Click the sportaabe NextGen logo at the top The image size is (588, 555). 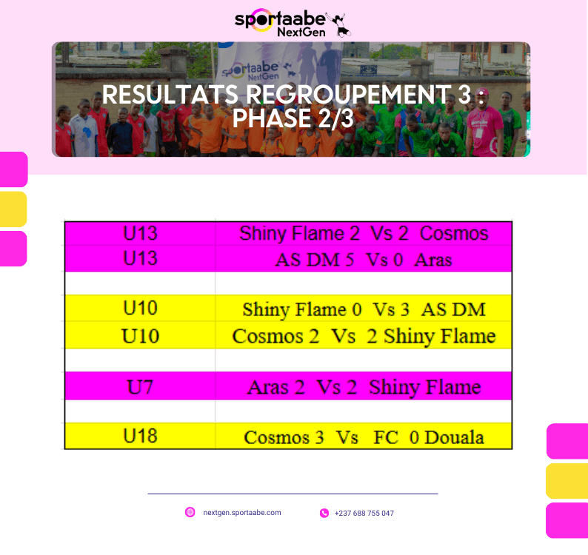[293, 23]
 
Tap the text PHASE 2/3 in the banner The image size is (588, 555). [293, 118]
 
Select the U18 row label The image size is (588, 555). [140, 436]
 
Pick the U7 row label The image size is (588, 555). [140, 387]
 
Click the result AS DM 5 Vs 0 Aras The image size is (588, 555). [364, 260]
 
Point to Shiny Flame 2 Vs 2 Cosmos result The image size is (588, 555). [364, 233]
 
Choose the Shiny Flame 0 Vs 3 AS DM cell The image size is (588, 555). [364, 310]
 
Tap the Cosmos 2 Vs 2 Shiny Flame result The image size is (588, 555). [364, 336]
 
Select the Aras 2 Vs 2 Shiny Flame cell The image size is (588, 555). [364, 388]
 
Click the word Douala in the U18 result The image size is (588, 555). [454, 437]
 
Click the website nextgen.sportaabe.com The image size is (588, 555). [242, 513]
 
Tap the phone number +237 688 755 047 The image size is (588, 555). [364, 513]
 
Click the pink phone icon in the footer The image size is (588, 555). [324, 513]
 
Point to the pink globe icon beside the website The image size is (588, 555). [190, 512]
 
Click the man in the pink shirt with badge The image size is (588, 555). [484, 124]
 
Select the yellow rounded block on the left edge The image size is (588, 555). [13, 209]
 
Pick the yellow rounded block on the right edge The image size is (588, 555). [567, 481]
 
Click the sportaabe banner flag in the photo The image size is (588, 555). [278, 64]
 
